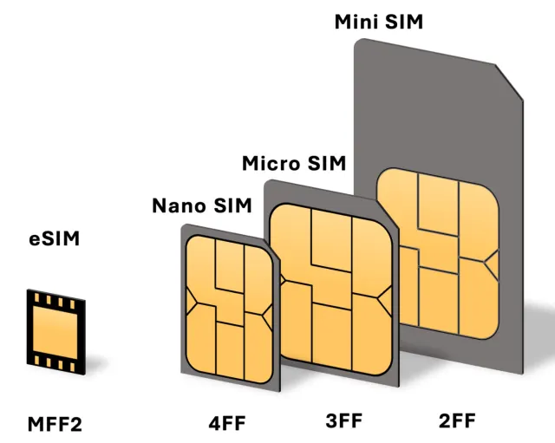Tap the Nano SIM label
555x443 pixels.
(201, 205)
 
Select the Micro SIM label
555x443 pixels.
(294, 163)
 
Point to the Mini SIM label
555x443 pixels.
(379, 22)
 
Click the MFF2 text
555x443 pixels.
(55, 425)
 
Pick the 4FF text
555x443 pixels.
(227, 424)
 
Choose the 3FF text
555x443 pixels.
(343, 422)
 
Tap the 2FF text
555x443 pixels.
(456, 422)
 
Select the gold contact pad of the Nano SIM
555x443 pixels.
(229, 309)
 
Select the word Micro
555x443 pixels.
(272, 163)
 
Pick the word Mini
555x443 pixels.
(358, 22)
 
